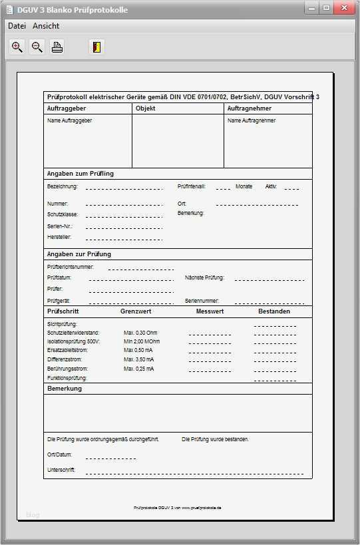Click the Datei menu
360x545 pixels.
(x=17, y=26)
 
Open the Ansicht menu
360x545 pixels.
(x=45, y=26)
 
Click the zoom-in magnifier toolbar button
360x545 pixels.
(x=17, y=47)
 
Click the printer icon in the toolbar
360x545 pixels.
(x=57, y=47)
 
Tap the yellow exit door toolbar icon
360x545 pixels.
(x=96, y=47)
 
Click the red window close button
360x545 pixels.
(x=345, y=8)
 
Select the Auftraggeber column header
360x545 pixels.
(x=67, y=108)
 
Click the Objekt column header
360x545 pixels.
(x=146, y=108)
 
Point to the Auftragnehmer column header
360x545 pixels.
(x=249, y=108)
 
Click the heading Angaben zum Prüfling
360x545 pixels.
(x=81, y=174)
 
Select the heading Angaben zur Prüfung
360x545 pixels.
(x=79, y=254)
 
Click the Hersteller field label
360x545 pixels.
(x=59, y=237)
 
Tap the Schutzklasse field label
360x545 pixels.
(x=63, y=215)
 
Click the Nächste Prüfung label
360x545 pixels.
(x=204, y=277)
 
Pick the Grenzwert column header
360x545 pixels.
(x=136, y=311)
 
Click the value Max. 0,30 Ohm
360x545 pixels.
(x=140, y=333)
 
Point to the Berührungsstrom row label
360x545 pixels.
(x=67, y=369)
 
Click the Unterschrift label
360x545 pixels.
(x=61, y=470)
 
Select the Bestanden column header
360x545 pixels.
(x=274, y=311)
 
